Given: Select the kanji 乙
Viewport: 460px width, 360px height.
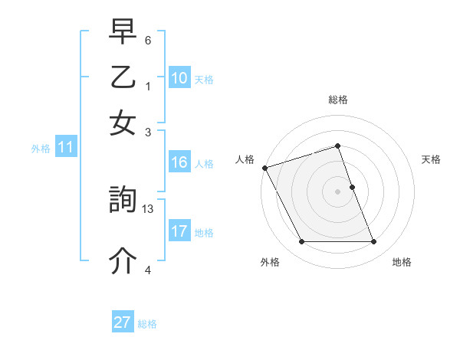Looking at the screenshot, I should (x=123, y=79).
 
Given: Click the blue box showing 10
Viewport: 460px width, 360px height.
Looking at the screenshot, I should (x=179, y=78).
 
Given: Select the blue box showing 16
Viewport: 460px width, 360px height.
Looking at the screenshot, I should (x=179, y=162).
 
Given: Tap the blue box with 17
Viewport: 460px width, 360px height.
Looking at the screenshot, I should (x=179, y=231).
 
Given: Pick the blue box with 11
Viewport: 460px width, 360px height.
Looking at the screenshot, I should (x=65, y=147).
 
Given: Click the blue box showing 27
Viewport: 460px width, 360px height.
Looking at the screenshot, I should (x=123, y=322).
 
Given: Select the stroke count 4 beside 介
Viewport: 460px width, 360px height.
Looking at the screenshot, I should (x=148, y=270).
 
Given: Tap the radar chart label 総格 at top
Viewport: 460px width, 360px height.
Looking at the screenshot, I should (x=338, y=100).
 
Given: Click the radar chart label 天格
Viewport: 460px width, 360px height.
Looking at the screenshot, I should (x=431, y=159).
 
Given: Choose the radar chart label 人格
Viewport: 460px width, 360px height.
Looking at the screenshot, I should (x=245, y=159).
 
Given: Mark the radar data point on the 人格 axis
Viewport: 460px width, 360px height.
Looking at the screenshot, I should (x=264, y=168).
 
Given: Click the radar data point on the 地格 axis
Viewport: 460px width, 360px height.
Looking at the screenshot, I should (x=374, y=242).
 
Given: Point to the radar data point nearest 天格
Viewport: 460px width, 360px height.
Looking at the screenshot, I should (x=352, y=187).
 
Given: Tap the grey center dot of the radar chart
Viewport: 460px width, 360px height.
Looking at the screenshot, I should (x=338, y=191).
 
